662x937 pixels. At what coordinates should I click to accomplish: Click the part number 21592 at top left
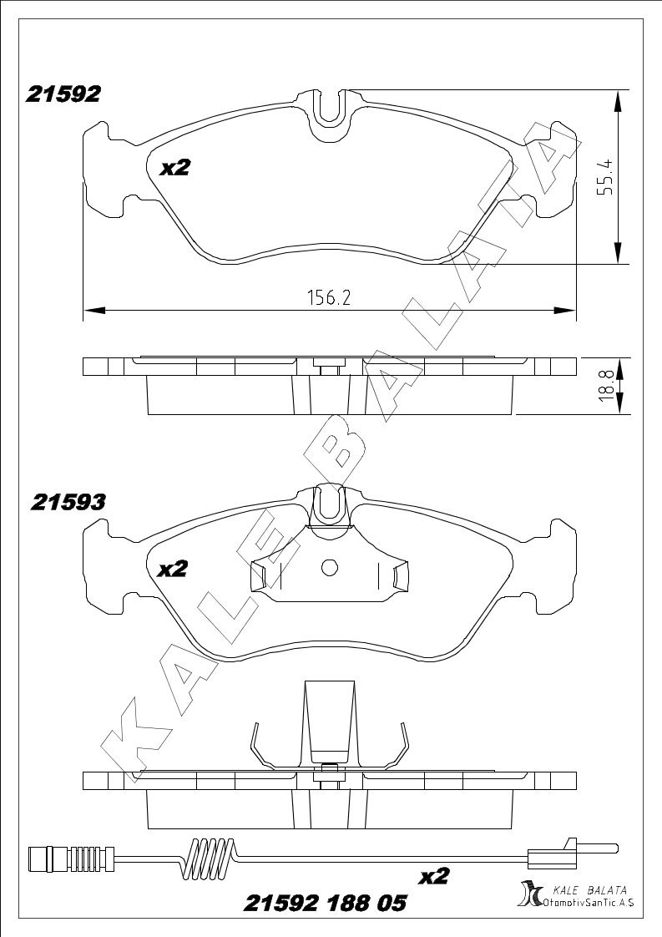tap(63, 94)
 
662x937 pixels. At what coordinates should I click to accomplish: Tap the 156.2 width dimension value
tap(329, 297)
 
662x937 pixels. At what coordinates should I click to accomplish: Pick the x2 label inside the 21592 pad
tap(174, 168)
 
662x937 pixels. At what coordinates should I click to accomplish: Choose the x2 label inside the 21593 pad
tap(172, 569)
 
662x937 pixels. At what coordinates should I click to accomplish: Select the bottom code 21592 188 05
tap(325, 902)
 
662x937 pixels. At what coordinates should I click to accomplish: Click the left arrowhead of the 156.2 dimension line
tap(93, 310)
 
